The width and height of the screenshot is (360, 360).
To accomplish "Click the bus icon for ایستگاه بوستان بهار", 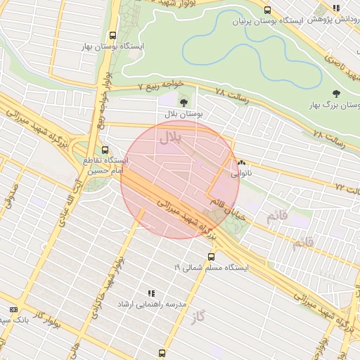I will (112, 35).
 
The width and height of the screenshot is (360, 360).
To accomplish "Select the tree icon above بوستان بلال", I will (184, 103).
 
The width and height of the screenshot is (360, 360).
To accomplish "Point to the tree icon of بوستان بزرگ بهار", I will (336, 94).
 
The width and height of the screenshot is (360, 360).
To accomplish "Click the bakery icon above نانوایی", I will (242, 162).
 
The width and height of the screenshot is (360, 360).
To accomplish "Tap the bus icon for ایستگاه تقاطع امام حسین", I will (105, 150).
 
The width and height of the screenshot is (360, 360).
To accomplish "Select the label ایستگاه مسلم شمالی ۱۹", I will (211, 267).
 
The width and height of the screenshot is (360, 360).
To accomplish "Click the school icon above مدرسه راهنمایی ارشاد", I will (150, 292).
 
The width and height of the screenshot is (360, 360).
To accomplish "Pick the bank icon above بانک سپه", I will (13, 309).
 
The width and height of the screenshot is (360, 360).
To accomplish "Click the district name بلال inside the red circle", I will (171, 137).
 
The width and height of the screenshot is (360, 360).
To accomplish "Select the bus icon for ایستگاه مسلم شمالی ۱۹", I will (211, 257).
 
